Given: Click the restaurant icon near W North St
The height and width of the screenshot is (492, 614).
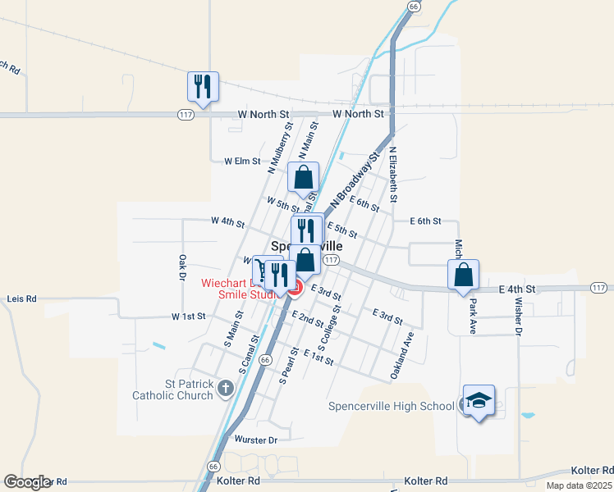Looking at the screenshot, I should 202,84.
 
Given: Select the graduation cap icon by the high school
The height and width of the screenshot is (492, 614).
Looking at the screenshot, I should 479,400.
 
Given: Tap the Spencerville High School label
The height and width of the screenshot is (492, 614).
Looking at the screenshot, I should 391,406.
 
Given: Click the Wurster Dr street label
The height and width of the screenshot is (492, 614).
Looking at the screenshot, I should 256,440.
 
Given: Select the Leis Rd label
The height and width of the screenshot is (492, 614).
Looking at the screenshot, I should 22,299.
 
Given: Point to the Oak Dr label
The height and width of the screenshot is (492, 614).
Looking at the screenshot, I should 182,266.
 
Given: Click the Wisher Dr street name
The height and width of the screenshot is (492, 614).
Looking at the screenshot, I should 519,310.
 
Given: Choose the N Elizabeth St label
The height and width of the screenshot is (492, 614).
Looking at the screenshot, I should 393,175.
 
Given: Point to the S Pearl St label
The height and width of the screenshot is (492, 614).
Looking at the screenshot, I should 288,367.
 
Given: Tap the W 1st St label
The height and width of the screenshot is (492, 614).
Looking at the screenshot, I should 189,317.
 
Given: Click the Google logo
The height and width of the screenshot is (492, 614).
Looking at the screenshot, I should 27,482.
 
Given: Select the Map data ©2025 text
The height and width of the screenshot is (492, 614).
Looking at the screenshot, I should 579,485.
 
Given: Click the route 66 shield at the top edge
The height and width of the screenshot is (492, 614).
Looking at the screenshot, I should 413,6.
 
